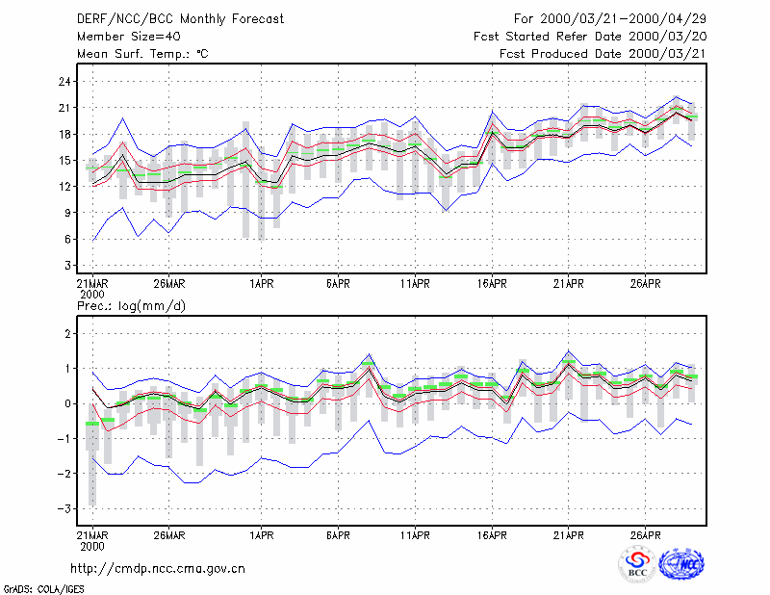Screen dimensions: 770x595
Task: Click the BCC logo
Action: [637, 565]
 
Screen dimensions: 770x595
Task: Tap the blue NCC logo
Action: [681, 564]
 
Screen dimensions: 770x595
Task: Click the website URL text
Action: [158, 569]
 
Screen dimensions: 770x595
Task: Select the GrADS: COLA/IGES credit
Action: [43, 589]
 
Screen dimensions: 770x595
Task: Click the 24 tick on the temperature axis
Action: [64, 82]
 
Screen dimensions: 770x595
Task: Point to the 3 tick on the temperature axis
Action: [68, 266]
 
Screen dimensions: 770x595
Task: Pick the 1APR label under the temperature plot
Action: [261, 284]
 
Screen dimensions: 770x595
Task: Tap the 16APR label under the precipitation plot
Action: [492, 535]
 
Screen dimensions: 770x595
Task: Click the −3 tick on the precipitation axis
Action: [64, 509]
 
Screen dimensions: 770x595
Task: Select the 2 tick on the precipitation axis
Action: [68, 334]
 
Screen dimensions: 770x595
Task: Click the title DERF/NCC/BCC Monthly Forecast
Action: [180, 19]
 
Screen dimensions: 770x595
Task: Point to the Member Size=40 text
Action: [129, 37]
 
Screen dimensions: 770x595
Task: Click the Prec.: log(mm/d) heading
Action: [131, 306]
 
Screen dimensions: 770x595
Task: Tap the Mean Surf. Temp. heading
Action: [142, 54]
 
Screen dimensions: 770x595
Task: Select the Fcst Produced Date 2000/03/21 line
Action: [603, 54]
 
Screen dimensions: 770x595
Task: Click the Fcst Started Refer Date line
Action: [590, 37]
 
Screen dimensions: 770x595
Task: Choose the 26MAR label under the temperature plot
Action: [169, 284]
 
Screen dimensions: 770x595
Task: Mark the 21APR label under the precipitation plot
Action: [569, 535]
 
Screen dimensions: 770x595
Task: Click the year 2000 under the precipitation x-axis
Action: [92, 546]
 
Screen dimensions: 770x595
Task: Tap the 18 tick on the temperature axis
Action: [64, 134]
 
